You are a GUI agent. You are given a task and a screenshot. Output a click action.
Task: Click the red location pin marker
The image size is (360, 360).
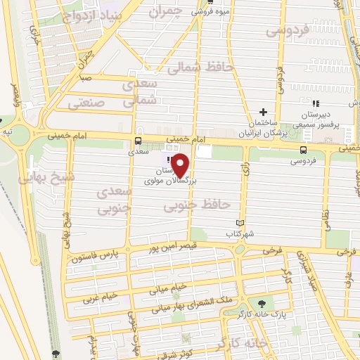181,166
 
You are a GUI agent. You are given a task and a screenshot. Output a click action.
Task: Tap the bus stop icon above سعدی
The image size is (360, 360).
137,140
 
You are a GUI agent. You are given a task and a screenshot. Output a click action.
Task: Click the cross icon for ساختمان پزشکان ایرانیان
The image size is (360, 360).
264,112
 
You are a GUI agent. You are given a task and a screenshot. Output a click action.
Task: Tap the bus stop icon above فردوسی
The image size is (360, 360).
303,150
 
